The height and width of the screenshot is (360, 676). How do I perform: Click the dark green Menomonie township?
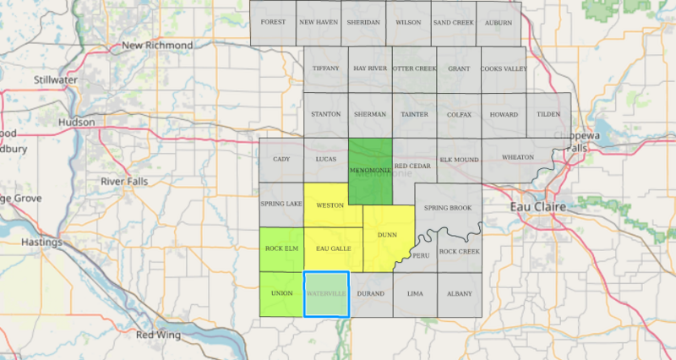coord(370,171)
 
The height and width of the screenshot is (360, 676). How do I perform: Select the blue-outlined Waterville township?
coord(326,294)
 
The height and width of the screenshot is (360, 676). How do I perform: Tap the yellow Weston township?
coord(329,205)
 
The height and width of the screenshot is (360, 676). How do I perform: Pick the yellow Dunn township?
coord(387,236)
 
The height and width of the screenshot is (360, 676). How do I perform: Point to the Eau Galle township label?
coord(333,248)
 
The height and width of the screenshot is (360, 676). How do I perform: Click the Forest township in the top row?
coord(273,22)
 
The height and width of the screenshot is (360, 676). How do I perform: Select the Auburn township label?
coord(499,22)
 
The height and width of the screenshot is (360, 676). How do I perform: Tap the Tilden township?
coord(548,114)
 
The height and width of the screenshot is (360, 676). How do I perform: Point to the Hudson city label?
coord(76,122)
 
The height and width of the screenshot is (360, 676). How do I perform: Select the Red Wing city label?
coord(157,335)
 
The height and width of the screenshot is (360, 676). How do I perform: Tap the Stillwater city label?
coord(56,79)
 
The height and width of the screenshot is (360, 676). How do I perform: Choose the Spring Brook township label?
coord(448,207)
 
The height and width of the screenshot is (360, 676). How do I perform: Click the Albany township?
coord(460,293)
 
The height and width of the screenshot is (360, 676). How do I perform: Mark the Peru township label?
coord(421,255)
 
